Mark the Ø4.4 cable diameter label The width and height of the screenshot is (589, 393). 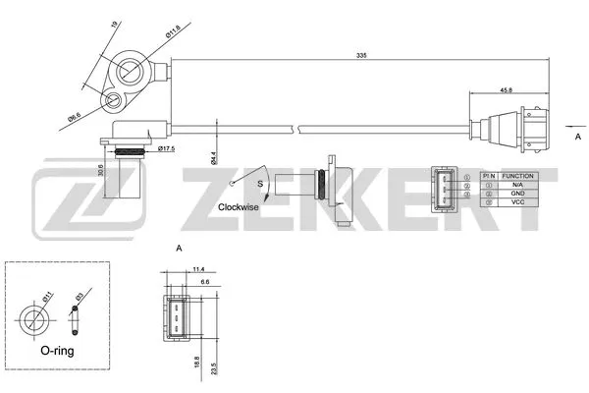(x=212, y=156)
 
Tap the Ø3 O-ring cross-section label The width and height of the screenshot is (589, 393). (x=80, y=299)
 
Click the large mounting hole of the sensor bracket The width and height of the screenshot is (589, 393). (x=131, y=71)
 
